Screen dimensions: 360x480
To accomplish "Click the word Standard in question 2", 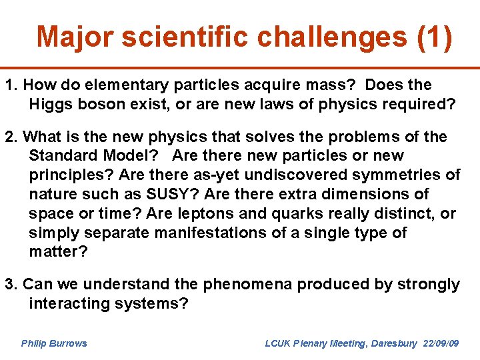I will coord(59,156).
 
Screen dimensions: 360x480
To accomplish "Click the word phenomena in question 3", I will coord(247,285).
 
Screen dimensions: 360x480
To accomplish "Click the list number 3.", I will coord(10,285).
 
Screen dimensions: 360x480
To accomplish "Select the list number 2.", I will coord(10,137).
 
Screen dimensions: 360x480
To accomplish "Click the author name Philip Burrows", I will coord(54,343).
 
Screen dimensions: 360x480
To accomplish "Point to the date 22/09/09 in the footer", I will coord(441,343).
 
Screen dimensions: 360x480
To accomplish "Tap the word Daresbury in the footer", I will coord(393,343).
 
